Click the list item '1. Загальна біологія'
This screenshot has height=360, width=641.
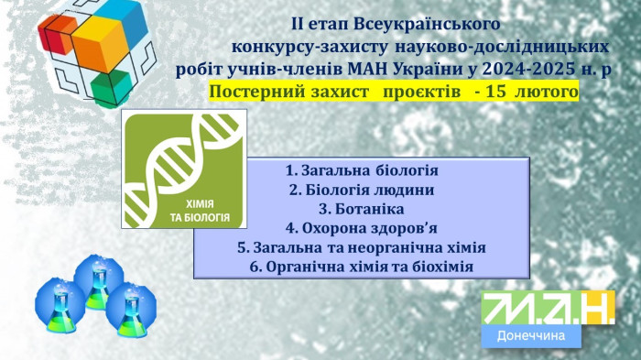tap(362, 171)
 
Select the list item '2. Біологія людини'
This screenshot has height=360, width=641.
tap(361, 190)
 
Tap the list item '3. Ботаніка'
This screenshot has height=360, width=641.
tap(361, 209)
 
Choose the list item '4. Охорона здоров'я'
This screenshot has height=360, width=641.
tap(361, 228)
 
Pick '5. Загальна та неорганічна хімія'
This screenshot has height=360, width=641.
tap(361, 247)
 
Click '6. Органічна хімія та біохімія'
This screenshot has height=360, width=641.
tap(361, 267)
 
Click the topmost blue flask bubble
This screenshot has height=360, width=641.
tap(98, 276)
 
